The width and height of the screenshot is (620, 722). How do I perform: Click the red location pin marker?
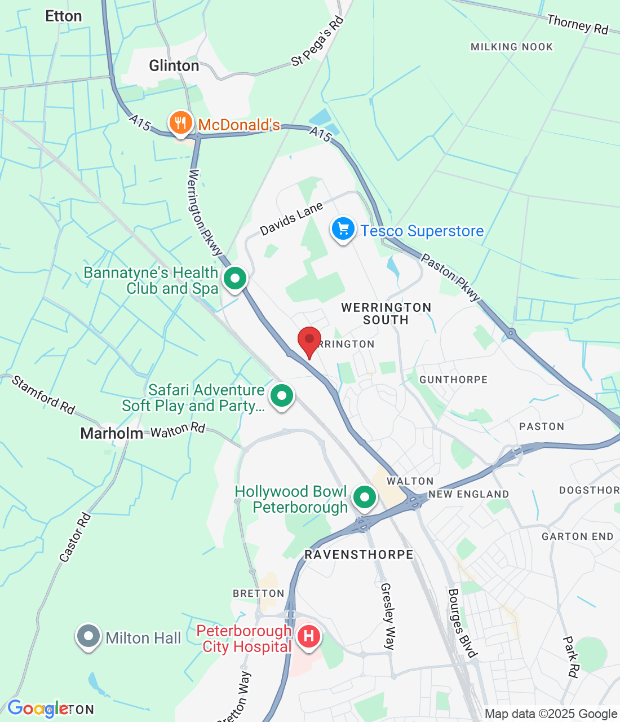(309, 340)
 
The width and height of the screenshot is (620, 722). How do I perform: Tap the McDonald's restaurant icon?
(180, 122)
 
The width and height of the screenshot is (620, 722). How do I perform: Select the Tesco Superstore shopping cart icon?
(343, 230)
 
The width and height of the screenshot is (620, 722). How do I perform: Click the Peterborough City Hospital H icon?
(308, 637)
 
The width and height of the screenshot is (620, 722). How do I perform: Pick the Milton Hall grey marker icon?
(88, 636)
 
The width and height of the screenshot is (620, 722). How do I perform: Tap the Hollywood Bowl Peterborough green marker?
(365, 498)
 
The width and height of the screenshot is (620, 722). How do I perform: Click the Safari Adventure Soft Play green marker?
(282, 396)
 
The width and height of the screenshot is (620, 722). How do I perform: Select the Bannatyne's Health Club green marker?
(235, 278)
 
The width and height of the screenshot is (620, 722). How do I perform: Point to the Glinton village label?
(174, 66)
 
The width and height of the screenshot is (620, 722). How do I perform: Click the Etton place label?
(64, 16)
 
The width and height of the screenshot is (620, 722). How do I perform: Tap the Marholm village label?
(112, 433)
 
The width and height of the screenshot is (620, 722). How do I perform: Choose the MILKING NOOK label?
(512, 47)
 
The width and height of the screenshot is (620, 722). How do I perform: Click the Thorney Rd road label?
(578, 25)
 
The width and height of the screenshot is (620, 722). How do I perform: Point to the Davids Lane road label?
(291, 218)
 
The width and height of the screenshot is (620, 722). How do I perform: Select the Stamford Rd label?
(43, 395)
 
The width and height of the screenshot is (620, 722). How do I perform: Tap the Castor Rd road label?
(75, 538)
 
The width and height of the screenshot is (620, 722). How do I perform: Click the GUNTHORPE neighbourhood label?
(454, 380)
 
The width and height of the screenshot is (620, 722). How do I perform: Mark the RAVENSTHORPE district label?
(359, 554)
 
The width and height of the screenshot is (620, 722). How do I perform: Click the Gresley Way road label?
(388, 617)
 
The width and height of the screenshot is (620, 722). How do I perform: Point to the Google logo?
(38, 708)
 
